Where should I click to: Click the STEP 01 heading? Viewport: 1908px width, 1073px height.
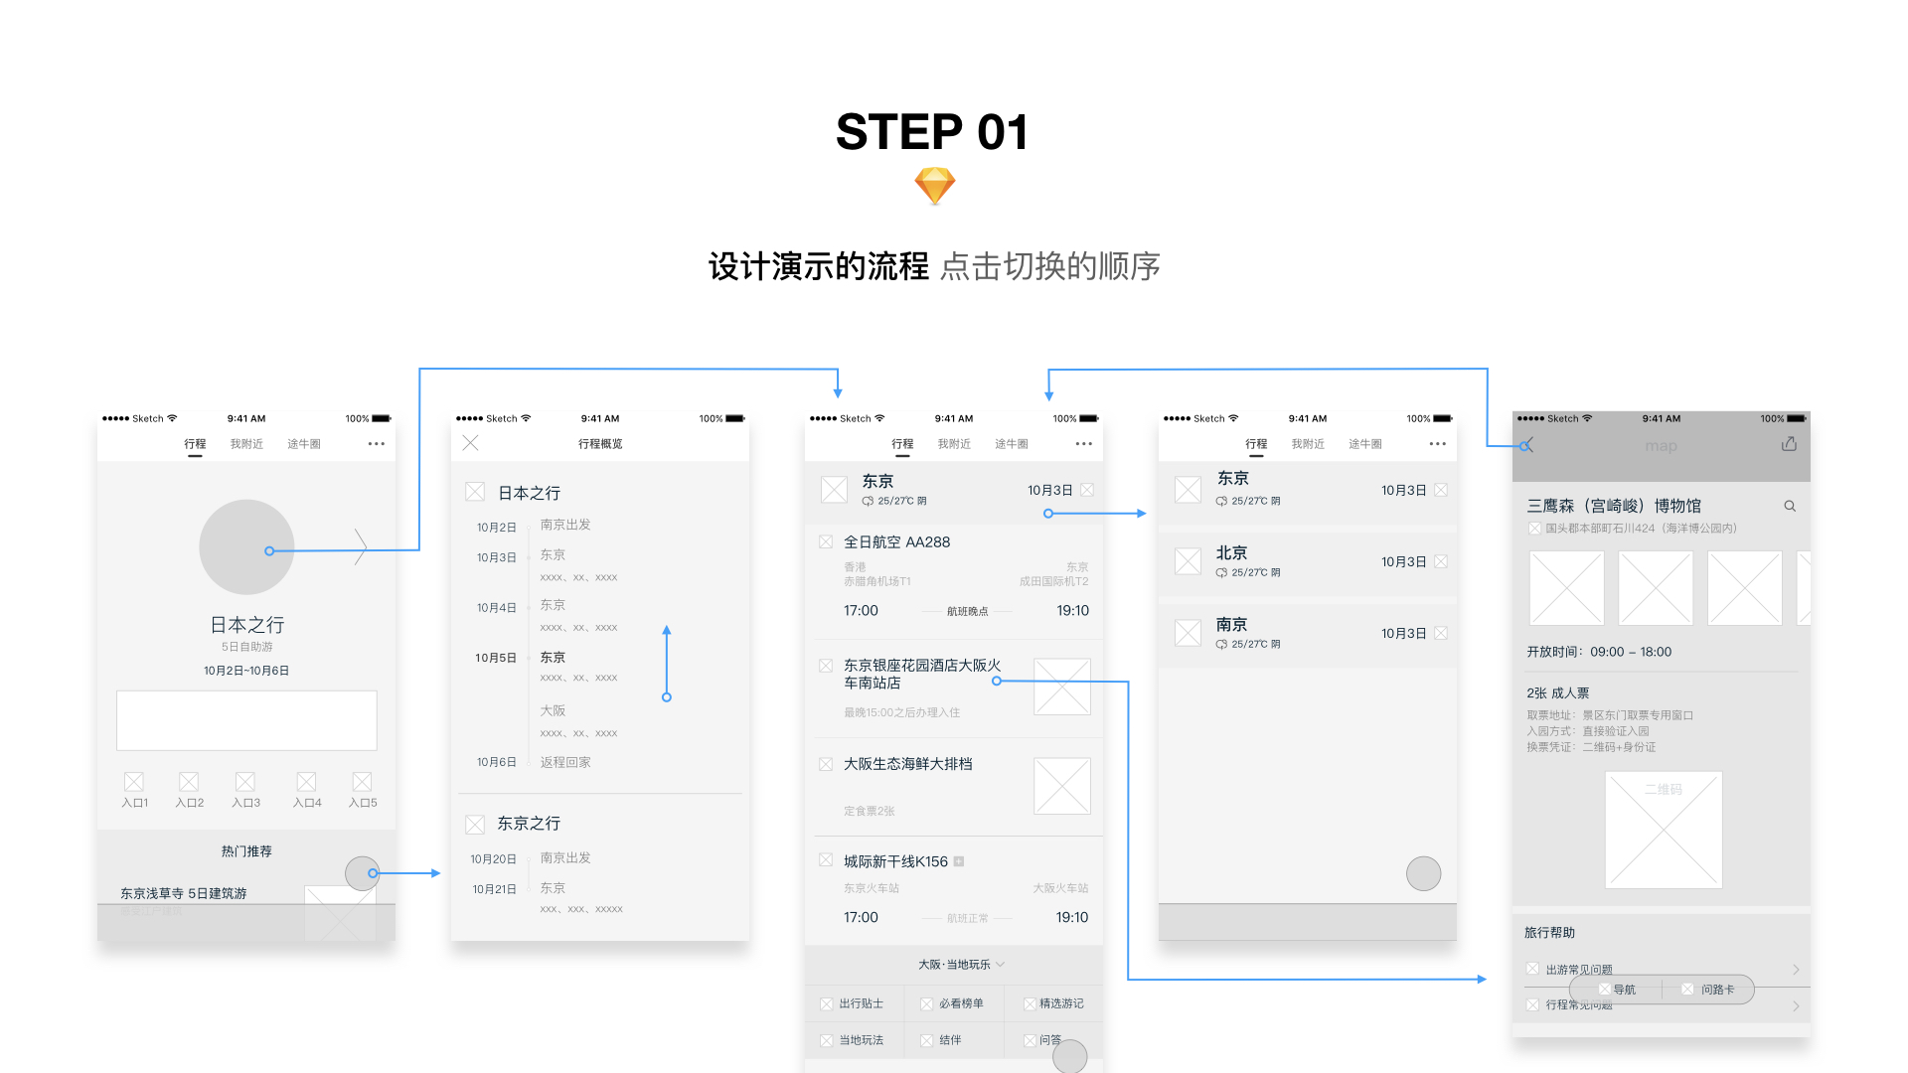pos(931,132)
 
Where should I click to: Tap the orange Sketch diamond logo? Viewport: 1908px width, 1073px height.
pos(934,186)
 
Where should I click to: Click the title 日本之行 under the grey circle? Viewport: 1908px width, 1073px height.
pos(246,625)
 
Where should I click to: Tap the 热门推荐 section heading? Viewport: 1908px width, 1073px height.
pos(246,851)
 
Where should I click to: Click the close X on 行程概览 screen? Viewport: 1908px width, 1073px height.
pos(471,443)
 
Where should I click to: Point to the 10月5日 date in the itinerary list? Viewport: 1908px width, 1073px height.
pos(496,658)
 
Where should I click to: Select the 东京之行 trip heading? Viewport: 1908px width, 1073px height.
pos(529,824)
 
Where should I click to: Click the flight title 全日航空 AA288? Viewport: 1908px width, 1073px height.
pos(896,542)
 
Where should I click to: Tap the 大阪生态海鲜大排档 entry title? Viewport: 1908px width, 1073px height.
pos(907,764)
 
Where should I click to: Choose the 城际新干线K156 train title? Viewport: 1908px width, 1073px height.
pos(895,861)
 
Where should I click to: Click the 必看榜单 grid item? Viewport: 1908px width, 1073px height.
pos(960,1003)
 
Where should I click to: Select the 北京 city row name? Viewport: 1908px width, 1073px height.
pos(1231,553)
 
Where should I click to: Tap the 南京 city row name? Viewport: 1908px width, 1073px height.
pos(1231,625)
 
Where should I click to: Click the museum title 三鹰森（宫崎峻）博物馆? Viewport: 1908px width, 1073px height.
pos(1614,506)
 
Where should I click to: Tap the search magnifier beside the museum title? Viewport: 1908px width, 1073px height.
pos(1790,506)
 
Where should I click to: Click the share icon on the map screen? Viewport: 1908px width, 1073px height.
pos(1789,444)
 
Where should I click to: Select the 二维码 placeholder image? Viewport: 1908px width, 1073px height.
pos(1664,830)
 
